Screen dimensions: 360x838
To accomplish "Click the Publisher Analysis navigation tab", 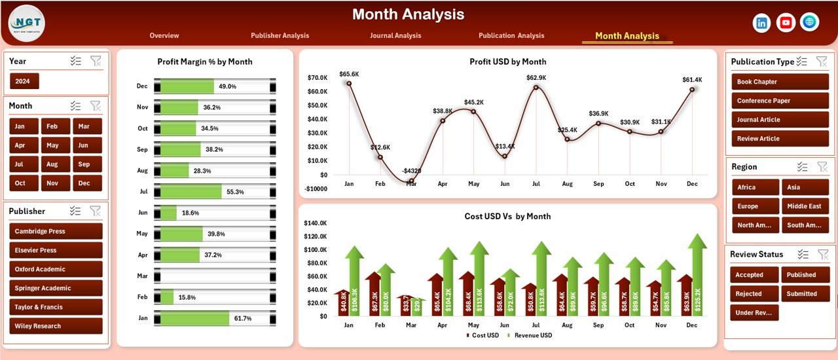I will pyautogui.click(x=280, y=35).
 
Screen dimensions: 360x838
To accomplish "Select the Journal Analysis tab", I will pyautogui.click(x=395, y=35).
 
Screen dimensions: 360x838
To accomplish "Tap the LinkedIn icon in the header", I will pyautogui.click(x=762, y=23).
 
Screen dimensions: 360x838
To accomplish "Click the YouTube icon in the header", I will pyautogui.click(x=786, y=23).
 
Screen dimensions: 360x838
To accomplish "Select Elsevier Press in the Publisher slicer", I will pyautogui.click(x=56, y=250).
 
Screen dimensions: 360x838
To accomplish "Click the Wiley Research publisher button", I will pyautogui.click(x=56, y=326).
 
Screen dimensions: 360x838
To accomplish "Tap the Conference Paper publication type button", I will pyautogui.click(x=780, y=101).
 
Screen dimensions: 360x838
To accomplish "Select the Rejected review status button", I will pyautogui.click(x=754, y=294).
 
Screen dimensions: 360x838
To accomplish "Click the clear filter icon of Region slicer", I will pyautogui.click(x=822, y=167).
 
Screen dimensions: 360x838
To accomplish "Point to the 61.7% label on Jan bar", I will pyautogui.click(x=243, y=318).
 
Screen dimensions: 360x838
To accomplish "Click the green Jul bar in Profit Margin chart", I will pyautogui.click(x=191, y=192).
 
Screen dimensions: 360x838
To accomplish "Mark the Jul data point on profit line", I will pyautogui.click(x=536, y=87).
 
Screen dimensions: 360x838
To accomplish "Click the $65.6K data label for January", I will pyautogui.click(x=349, y=74).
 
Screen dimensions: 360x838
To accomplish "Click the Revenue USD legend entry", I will pyautogui.click(x=532, y=336).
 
